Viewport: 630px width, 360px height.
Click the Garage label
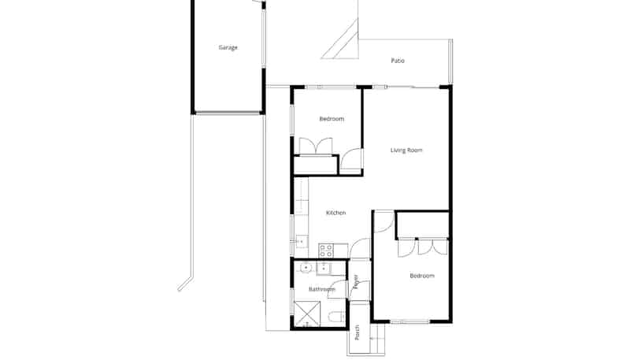tap(228, 47)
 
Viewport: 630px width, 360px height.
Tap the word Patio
tap(398, 61)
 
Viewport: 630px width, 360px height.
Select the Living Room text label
tap(406, 150)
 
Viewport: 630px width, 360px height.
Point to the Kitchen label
tap(336, 213)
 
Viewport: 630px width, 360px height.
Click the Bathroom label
tap(322, 289)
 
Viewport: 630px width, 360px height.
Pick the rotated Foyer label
tap(356, 282)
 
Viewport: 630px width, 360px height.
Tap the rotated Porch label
tap(358, 332)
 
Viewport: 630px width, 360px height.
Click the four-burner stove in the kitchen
tap(326, 251)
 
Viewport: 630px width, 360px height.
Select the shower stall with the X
tap(307, 314)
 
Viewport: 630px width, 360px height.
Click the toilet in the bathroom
tap(337, 317)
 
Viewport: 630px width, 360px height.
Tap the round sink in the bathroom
tap(306, 267)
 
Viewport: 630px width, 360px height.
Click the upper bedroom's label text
tap(332, 119)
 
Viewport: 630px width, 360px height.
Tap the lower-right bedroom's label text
tap(422, 276)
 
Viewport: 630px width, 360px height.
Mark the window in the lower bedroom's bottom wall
tap(409, 321)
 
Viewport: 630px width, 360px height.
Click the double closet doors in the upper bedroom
tap(316, 146)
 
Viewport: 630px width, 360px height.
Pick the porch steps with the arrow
tap(377, 339)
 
